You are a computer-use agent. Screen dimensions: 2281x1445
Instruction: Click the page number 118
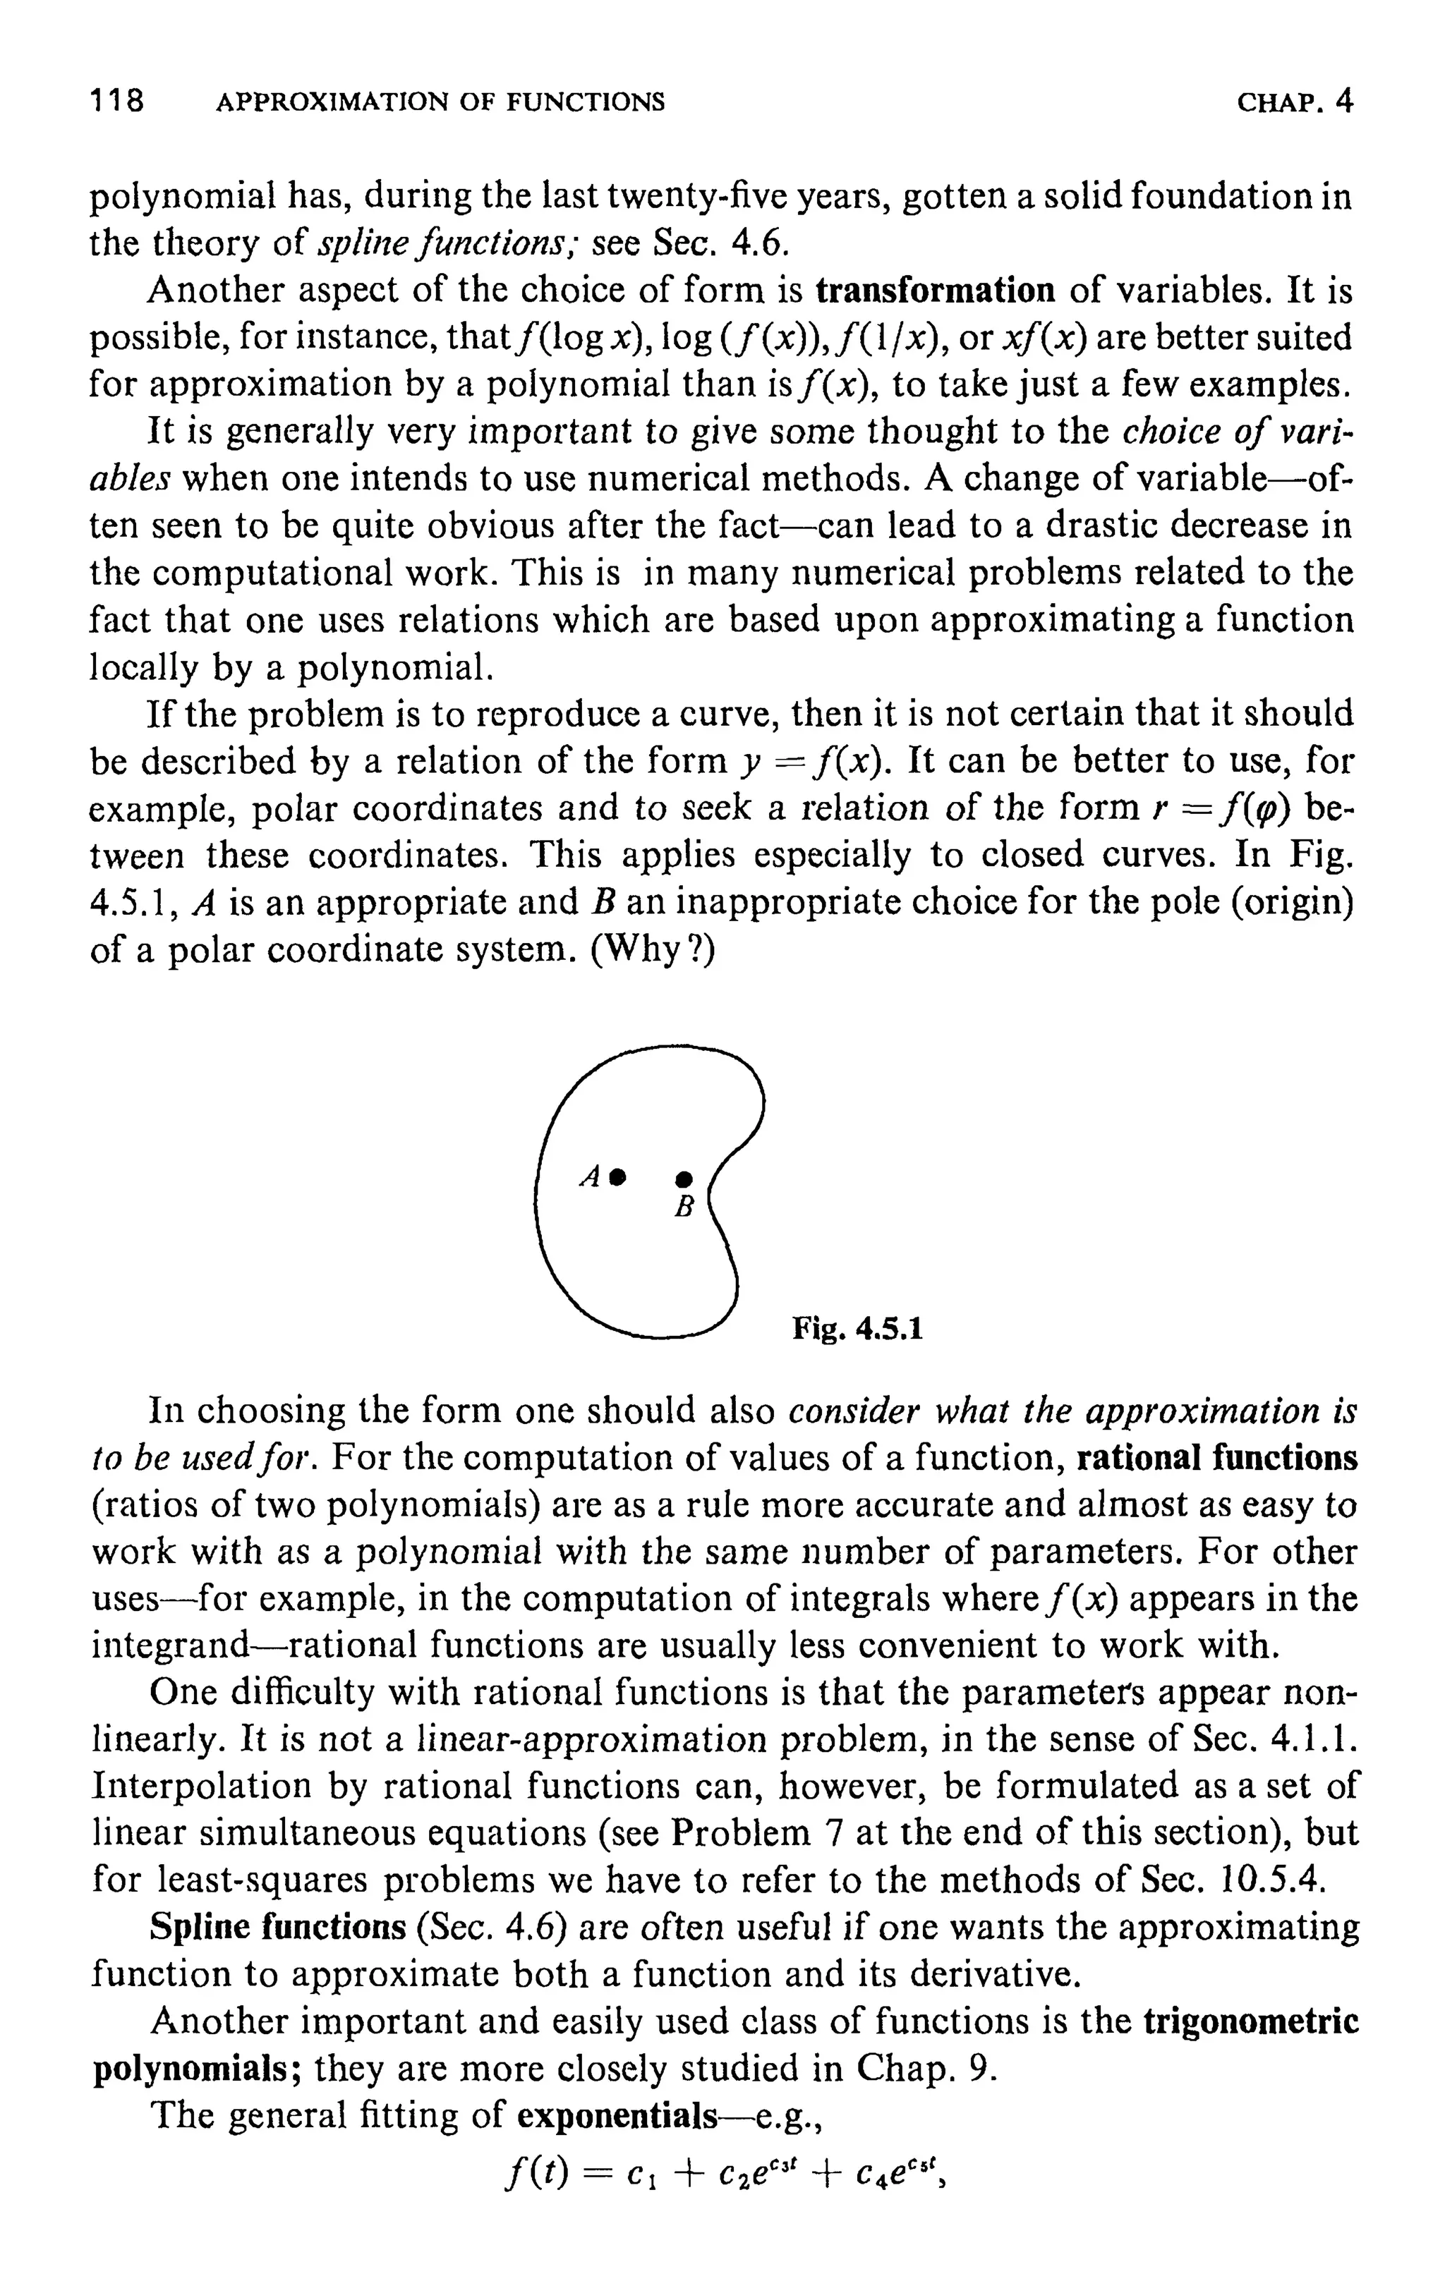coord(116,100)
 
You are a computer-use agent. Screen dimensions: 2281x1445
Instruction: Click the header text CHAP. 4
coord(1295,100)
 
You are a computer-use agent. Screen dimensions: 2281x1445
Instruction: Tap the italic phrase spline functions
coord(448,244)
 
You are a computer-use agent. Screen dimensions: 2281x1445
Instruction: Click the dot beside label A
coord(618,1176)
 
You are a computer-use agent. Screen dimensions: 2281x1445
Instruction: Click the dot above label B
coord(684,1179)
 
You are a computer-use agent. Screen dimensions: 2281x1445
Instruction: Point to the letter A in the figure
coord(591,1177)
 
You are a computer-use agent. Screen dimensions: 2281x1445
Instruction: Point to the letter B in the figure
coord(684,1208)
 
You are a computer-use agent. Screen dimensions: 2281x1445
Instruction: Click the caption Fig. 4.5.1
coord(857,1329)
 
